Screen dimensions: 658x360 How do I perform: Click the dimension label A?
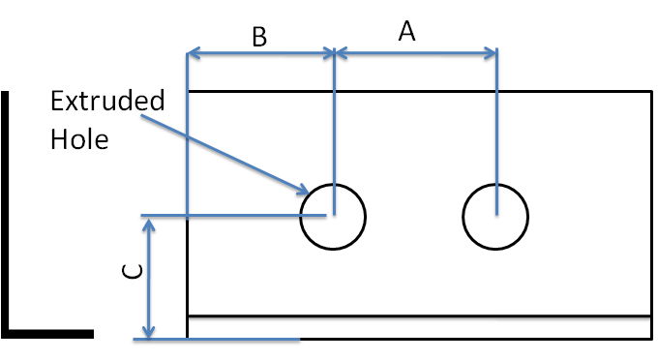coord(406,32)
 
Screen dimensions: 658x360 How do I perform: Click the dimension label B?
coord(259,37)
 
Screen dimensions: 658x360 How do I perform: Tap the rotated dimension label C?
coord(133,271)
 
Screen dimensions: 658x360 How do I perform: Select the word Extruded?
coord(107,101)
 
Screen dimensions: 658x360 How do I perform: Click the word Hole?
coord(79,139)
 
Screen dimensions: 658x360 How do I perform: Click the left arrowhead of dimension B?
coord(193,53)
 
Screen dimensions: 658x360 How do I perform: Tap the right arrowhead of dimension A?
coord(491,53)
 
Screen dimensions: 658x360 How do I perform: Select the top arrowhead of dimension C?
coord(149,225)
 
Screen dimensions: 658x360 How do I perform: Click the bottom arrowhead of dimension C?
coord(149,332)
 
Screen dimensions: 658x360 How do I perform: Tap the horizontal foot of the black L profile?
coord(47,334)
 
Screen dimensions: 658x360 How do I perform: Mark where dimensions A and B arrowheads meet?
coord(335,53)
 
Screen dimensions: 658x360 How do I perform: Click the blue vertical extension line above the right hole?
coord(496,132)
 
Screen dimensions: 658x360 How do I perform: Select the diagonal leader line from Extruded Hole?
coord(224,154)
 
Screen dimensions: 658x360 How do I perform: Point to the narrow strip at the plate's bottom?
coord(420,327)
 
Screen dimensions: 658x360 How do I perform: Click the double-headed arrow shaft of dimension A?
coord(416,53)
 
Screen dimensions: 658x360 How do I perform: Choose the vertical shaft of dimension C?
coord(149,278)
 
